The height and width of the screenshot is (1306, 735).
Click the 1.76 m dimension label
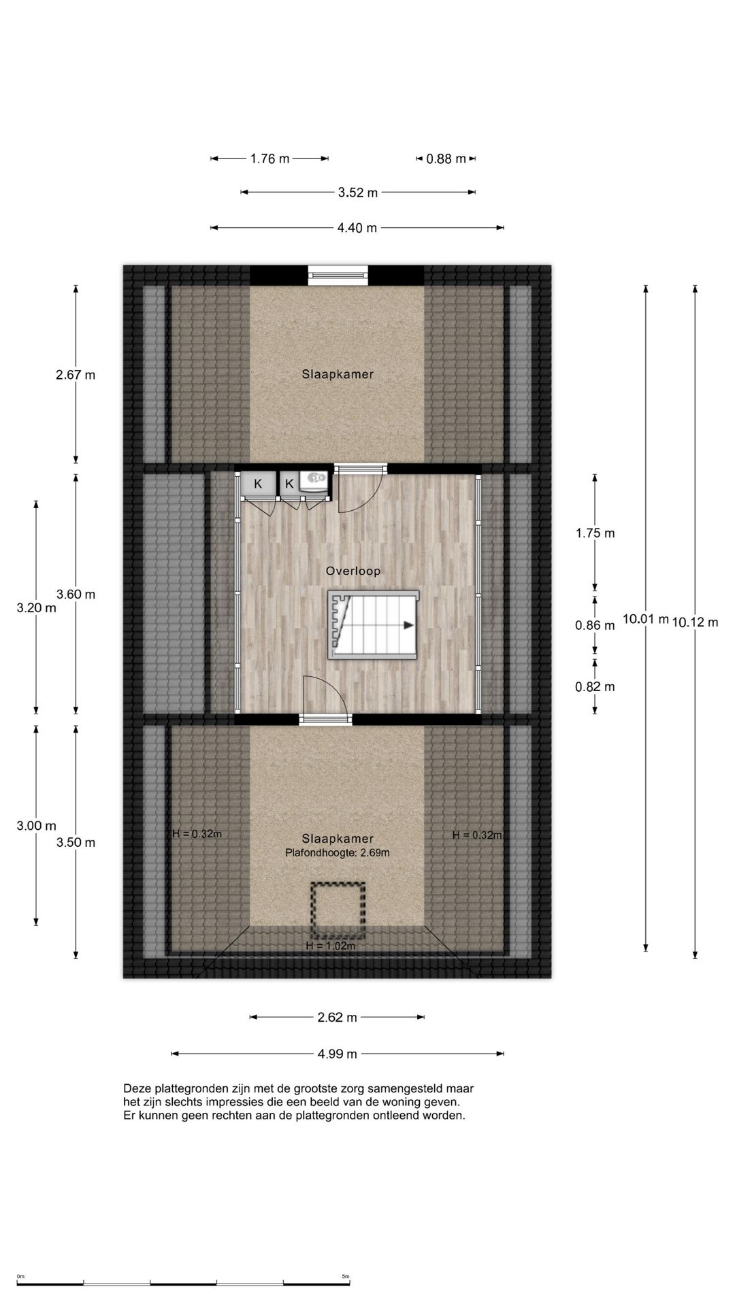[x=269, y=159]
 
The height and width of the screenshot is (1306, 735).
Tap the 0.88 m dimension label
[x=446, y=159]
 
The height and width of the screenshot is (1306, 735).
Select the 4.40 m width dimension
[x=357, y=228]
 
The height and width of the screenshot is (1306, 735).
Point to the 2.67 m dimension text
[x=76, y=374]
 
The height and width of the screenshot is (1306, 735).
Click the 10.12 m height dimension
[x=695, y=622]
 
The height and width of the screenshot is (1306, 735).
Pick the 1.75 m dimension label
[x=595, y=533]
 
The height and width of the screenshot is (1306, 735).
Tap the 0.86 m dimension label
[x=595, y=625]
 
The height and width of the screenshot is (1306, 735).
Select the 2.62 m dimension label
[x=337, y=1018]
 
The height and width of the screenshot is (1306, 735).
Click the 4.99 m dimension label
[x=337, y=1054]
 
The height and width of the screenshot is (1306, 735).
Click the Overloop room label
[x=353, y=571]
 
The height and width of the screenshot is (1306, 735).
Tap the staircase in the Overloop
[x=373, y=625]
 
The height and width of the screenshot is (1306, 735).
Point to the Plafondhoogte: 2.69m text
[x=338, y=853]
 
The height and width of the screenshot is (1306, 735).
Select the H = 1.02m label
[x=330, y=945]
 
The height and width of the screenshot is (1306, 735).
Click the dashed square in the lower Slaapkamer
[x=338, y=910]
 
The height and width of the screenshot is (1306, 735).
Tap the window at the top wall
[x=338, y=275]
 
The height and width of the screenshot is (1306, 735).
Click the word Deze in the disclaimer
[x=136, y=1088]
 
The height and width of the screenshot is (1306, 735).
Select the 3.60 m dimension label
[x=76, y=595]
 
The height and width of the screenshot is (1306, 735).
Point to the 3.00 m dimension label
[x=36, y=826]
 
